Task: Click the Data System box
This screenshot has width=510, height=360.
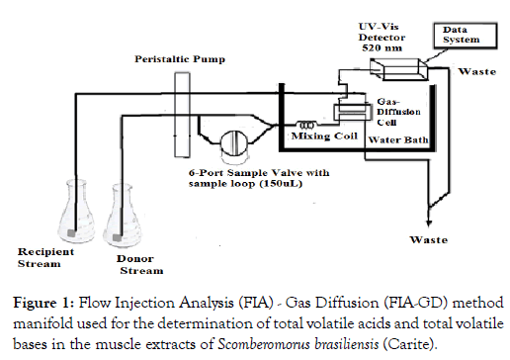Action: (x=465, y=36)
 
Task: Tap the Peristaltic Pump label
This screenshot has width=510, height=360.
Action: (x=180, y=59)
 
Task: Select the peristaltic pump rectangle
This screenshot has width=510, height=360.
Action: (x=182, y=115)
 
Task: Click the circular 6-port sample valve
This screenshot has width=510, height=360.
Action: (x=234, y=142)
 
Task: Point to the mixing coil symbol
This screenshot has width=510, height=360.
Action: (x=306, y=125)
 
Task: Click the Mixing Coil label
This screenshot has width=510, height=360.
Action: (x=324, y=135)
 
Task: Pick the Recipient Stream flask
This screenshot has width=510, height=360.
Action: (x=75, y=211)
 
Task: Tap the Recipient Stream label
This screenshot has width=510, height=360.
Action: (x=45, y=258)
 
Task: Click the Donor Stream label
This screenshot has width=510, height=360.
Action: (x=139, y=265)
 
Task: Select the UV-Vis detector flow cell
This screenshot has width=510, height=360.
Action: (x=399, y=69)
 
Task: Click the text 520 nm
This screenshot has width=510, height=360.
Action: (x=382, y=48)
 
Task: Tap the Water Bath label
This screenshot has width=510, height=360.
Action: (x=398, y=139)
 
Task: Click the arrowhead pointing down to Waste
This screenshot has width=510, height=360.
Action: (x=429, y=223)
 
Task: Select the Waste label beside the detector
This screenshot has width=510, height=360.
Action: (x=477, y=71)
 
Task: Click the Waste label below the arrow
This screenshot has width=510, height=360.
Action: (x=429, y=239)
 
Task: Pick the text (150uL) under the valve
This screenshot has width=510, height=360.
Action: (x=281, y=183)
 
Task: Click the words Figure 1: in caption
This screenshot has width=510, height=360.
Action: (x=43, y=303)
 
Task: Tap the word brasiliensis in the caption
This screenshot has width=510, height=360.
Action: (x=347, y=344)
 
